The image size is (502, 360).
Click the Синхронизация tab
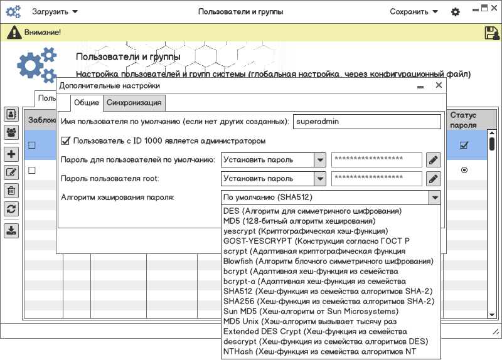pos(134,103)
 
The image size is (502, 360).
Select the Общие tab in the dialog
pos(86,103)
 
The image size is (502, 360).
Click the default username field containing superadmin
pos(368,122)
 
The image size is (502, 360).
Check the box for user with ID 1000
pos(65,141)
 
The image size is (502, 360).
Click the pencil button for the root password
pos(433,179)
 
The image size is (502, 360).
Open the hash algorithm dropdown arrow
pos(434,198)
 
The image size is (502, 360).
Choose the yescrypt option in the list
pos(306,231)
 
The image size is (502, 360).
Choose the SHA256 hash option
pos(328,301)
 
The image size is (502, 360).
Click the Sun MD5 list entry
pos(311,311)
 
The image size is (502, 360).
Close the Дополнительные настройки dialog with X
pos(439,85)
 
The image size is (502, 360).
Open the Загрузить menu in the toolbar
pos(55,11)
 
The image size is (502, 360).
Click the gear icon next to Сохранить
pos(456,12)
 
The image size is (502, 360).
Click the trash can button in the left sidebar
pos(11,191)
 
